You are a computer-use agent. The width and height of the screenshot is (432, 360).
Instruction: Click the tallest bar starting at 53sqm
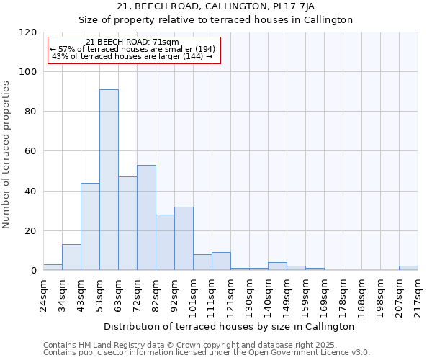pos(109,180)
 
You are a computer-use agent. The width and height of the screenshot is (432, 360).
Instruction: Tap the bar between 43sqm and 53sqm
pos(90,227)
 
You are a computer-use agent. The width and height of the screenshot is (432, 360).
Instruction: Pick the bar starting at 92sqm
pos(184,238)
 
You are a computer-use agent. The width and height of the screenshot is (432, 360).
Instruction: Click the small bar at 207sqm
pos(408,268)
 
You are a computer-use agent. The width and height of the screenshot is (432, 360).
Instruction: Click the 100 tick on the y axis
pos(29,72)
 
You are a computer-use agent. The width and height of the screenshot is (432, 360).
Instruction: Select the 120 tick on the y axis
pos(29,32)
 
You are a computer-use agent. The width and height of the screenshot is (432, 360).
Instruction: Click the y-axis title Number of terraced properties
pos(7,155)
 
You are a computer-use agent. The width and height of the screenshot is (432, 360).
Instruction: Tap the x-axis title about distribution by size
pos(229,326)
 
